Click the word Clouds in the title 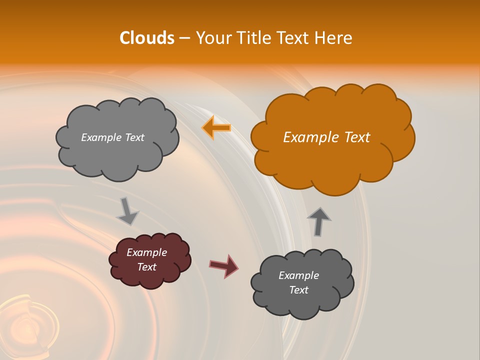(x=147, y=38)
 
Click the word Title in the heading (x=253, y=38)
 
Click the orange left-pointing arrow (x=216, y=128)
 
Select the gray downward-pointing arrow (x=127, y=211)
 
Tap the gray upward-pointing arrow (x=318, y=221)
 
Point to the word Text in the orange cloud (x=356, y=137)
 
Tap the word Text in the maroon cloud (x=146, y=267)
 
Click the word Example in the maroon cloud (x=146, y=252)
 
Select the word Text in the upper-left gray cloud (x=134, y=137)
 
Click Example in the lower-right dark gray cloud (x=298, y=275)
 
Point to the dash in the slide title (x=184, y=38)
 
